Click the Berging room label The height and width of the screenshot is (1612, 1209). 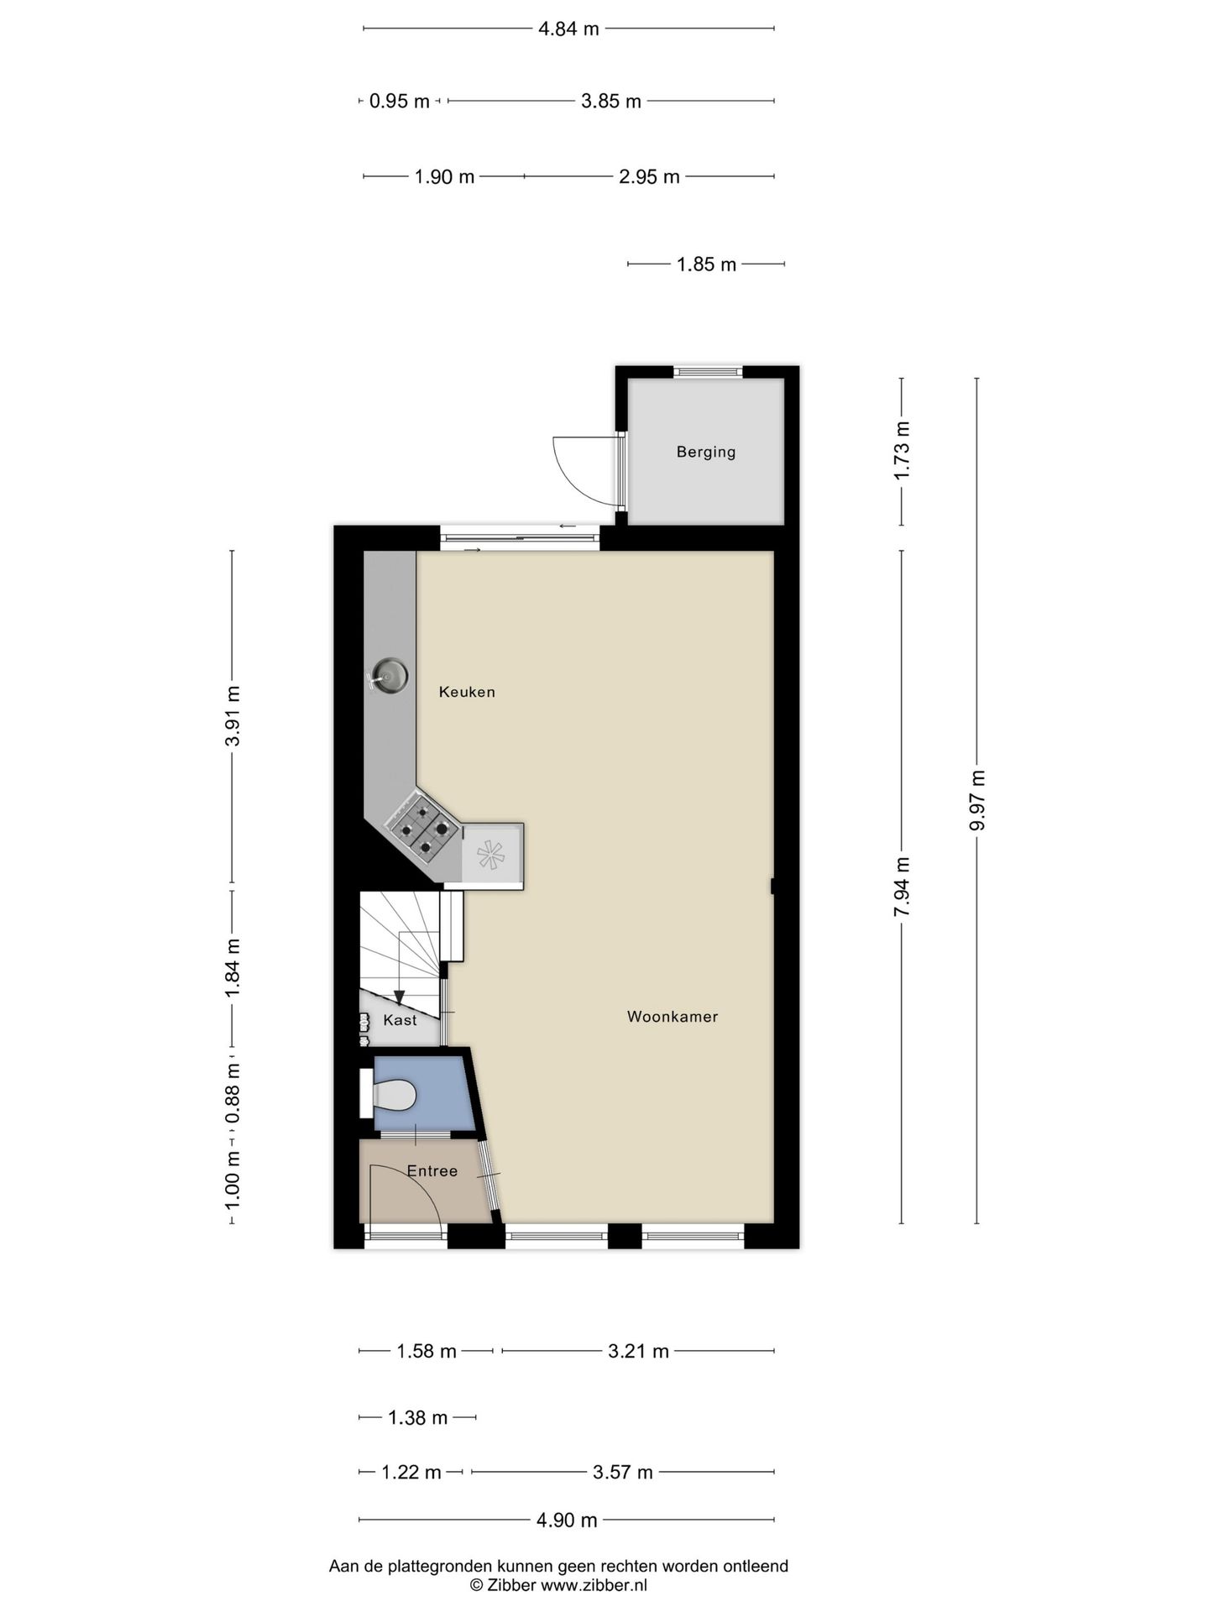(706, 452)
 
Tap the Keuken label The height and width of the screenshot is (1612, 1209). (467, 692)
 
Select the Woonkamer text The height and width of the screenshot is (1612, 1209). (673, 1017)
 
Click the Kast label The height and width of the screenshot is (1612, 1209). (400, 1020)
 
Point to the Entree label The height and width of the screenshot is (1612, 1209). (432, 1170)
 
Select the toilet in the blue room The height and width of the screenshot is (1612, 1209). (392, 1095)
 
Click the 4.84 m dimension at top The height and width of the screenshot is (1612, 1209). (568, 29)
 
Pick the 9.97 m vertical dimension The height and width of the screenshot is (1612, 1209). (976, 800)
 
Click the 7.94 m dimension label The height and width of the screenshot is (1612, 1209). (902, 887)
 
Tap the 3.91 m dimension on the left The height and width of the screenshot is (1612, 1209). (233, 715)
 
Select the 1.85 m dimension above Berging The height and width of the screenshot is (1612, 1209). (706, 264)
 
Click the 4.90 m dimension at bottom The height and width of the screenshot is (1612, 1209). (567, 1520)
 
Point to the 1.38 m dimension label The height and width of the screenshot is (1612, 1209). (417, 1417)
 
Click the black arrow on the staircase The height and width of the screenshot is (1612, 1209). (400, 997)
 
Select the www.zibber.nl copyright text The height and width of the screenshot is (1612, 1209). (557, 1585)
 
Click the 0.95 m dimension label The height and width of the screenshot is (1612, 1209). (399, 102)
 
